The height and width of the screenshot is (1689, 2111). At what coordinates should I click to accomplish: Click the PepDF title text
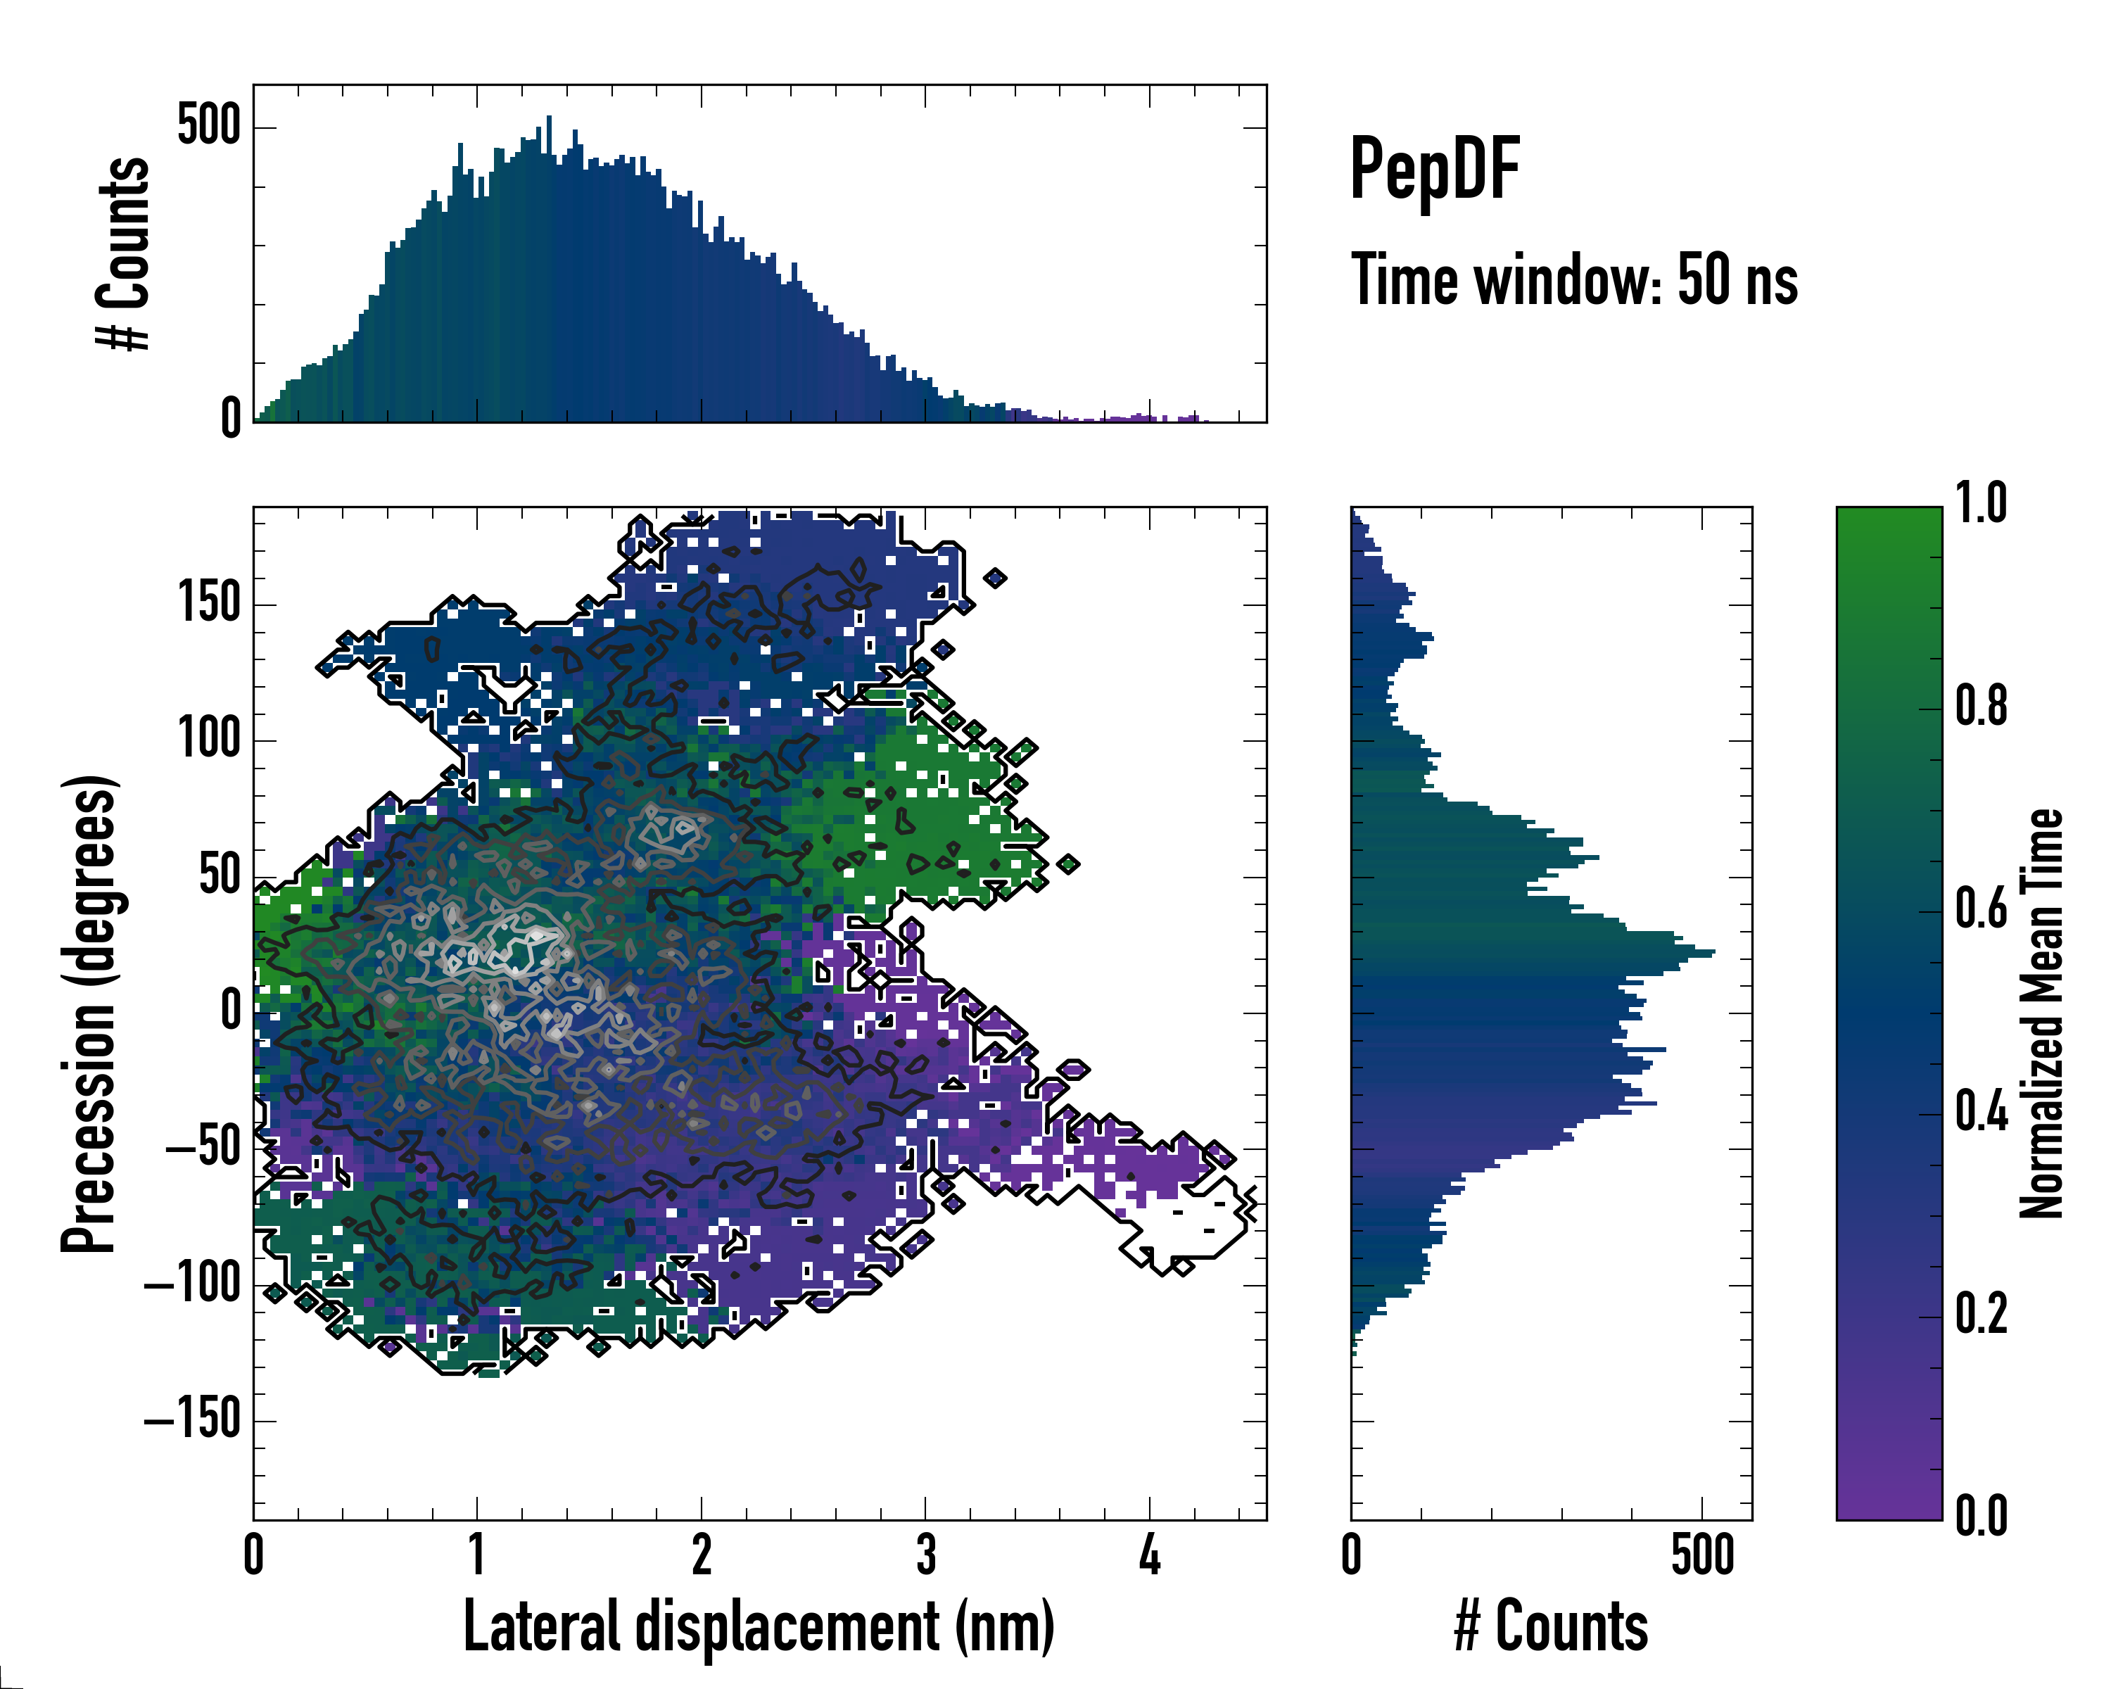1433,168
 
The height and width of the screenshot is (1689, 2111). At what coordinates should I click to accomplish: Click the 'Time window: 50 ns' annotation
1573,280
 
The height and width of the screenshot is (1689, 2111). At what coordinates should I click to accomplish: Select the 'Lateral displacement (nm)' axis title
759,1626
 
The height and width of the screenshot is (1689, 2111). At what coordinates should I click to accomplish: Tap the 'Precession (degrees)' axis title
90,1013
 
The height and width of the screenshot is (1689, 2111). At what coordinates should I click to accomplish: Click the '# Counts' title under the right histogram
1551,1626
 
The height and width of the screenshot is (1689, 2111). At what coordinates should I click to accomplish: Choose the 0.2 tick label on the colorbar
1981,1314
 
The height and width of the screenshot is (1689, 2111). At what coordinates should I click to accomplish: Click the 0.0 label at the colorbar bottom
1981,1517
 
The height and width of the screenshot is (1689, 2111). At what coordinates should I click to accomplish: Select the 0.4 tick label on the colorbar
1981,1111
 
